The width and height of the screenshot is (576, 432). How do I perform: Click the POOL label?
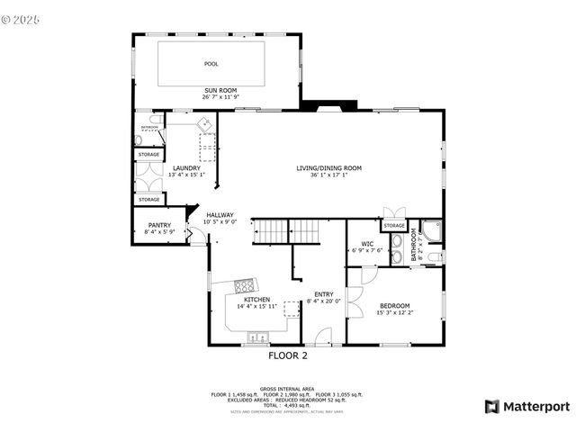coord(211,64)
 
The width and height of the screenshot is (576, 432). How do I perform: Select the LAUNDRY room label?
coord(186,168)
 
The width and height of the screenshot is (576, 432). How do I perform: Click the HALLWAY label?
coord(220,215)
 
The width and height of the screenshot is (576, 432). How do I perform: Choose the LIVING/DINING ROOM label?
coord(328,168)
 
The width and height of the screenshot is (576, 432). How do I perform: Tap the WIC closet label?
coord(367,244)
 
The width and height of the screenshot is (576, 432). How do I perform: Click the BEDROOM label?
coord(393,306)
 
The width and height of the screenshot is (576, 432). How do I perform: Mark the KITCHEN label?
coord(256,300)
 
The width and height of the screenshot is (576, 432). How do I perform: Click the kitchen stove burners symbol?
coord(244,287)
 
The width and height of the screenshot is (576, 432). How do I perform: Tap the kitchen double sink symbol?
coord(257,337)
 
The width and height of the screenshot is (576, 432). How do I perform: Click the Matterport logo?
coord(526,406)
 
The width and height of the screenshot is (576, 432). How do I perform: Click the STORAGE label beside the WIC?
coord(394,226)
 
